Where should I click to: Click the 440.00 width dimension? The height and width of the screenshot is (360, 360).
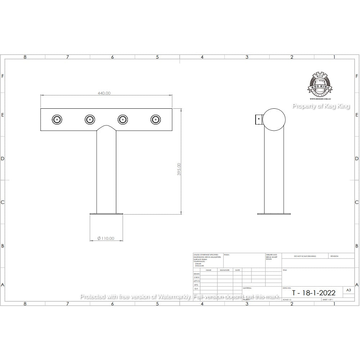(104, 93)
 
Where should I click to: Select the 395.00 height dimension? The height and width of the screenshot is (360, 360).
(179, 169)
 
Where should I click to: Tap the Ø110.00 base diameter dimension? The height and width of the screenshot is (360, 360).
(106, 238)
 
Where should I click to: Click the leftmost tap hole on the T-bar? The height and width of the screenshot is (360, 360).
(57, 119)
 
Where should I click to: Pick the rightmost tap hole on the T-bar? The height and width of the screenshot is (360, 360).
(156, 119)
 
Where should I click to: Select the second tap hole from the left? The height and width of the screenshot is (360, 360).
(90, 119)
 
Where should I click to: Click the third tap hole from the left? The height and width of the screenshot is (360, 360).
(123, 119)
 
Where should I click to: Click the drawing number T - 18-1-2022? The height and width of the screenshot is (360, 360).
(313, 292)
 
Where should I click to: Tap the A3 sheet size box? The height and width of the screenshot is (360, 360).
(348, 290)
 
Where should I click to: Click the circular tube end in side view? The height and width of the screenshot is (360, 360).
(274, 119)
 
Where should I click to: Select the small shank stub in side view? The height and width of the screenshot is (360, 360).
(259, 119)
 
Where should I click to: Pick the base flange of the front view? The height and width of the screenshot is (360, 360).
(106, 214)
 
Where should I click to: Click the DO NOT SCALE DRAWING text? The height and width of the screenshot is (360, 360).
(305, 256)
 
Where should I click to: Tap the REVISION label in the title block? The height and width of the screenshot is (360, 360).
(334, 256)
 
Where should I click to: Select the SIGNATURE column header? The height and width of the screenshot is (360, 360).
(225, 270)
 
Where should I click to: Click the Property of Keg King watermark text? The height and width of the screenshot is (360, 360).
(320, 106)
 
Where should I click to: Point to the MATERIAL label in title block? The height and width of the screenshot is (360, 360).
(247, 288)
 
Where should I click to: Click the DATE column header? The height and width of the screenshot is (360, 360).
(238, 270)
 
